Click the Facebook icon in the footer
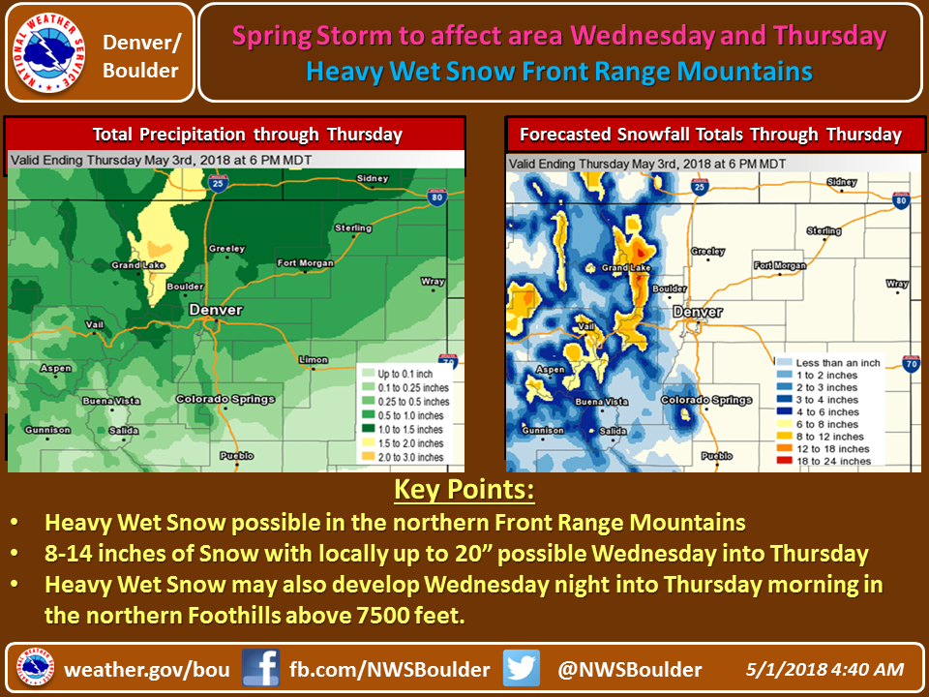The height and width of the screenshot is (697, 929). [260, 668]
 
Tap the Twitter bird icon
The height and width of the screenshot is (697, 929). [522, 668]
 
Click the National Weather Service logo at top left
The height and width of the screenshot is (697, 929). [49, 52]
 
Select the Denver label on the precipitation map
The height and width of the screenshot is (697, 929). [216, 310]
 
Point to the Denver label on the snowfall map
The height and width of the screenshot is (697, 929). [698, 312]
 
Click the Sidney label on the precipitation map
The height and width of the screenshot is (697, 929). [373, 178]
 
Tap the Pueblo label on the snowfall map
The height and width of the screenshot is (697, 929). [717, 456]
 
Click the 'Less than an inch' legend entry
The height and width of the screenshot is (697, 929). [828, 363]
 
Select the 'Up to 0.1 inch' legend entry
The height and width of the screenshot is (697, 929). [398, 374]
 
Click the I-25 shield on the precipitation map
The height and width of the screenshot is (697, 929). [218, 183]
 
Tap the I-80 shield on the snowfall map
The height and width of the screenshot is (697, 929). [901, 200]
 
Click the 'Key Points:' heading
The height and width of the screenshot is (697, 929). [464, 490]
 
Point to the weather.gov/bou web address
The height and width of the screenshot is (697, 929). [147, 669]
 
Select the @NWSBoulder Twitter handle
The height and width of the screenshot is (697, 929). [629, 669]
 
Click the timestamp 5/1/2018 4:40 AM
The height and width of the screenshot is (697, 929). [824, 669]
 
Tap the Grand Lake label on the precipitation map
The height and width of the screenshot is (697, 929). [138, 265]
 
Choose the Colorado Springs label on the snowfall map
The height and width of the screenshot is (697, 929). [706, 400]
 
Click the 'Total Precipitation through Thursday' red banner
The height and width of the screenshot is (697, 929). [235, 135]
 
